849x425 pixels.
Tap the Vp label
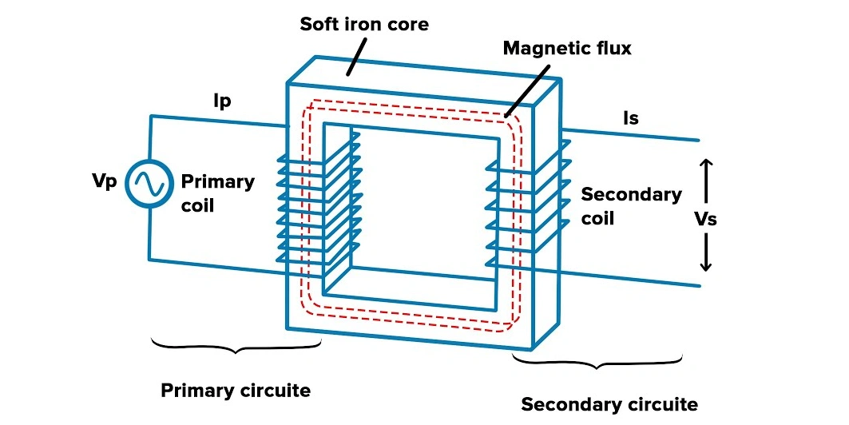[x=105, y=181]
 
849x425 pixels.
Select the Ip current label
[x=223, y=101]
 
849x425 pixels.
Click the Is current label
[x=631, y=118]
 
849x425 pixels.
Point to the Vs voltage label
[x=705, y=219]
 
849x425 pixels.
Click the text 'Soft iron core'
[x=364, y=24]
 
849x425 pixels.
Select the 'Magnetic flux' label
[x=567, y=49]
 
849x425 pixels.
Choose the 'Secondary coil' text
[x=631, y=205]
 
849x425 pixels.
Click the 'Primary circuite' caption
[x=236, y=391]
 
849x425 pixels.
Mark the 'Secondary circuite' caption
[x=609, y=404]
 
